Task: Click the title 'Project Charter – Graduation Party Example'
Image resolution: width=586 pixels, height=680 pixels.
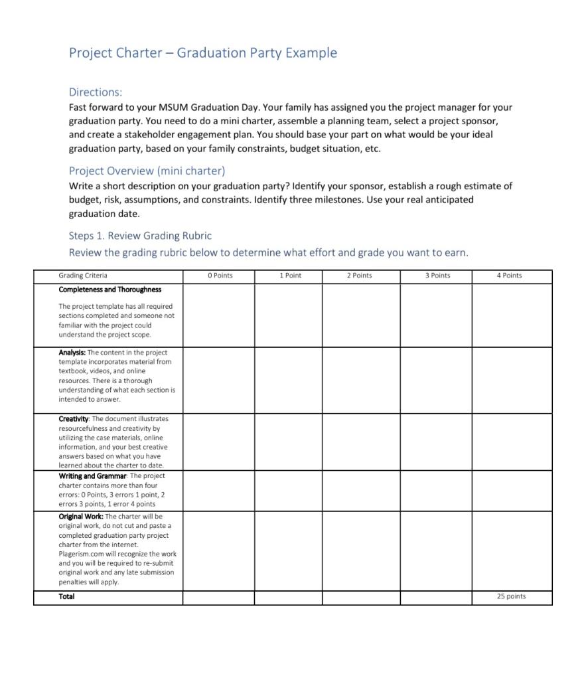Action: pos(202,53)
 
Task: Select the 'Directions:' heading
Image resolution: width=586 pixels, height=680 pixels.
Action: pos(96,92)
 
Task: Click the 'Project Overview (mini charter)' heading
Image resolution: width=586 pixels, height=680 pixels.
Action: pos(147,171)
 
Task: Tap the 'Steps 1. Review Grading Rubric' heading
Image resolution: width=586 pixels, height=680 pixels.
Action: pos(140,236)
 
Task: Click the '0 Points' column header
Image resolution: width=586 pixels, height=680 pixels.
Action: pos(220,276)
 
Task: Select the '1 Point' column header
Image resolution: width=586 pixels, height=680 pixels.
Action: pos(290,276)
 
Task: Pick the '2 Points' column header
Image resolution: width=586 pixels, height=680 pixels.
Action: pos(359,276)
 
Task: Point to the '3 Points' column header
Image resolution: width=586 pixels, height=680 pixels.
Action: pos(437,276)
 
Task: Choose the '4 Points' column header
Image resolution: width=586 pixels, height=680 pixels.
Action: pos(509,276)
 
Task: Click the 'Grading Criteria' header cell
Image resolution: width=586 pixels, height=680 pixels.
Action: pos(83,276)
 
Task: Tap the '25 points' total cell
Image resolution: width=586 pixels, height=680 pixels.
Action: pos(511,596)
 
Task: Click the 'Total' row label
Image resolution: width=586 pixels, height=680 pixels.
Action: pos(66,596)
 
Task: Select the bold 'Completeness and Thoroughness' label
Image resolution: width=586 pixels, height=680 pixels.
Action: pos(110,290)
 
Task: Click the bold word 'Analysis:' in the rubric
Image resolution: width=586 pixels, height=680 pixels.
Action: pos(72,353)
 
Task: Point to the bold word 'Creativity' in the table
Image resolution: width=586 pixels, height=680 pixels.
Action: pos(73,419)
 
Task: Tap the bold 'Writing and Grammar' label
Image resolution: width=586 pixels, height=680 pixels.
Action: pos(92,476)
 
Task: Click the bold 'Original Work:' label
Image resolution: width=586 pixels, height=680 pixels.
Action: pos(81,516)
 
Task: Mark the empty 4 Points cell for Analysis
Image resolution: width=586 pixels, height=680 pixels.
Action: pos(511,380)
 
